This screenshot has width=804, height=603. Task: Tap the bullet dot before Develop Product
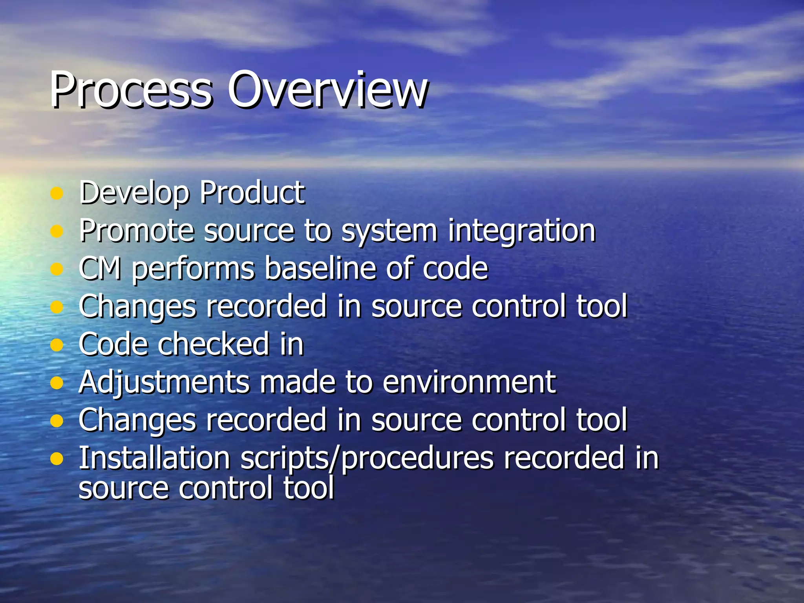point(57,194)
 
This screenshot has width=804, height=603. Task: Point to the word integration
point(522,231)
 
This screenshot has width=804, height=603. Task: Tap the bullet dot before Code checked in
point(57,345)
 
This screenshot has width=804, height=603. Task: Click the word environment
point(469,382)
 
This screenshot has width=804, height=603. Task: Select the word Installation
point(154,458)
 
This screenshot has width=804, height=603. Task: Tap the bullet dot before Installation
point(57,459)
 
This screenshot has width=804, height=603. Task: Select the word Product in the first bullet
point(252,193)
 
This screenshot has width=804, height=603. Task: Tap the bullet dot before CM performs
point(57,269)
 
